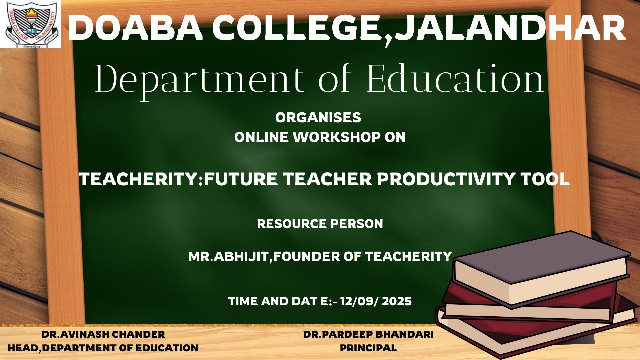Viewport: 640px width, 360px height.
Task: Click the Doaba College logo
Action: click(x=31, y=24)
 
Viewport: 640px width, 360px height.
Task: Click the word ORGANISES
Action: click(x=318, y=117)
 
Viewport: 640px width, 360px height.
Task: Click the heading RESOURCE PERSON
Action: click(x=320, y=224)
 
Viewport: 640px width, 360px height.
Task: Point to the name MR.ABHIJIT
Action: click(x=228, y=256)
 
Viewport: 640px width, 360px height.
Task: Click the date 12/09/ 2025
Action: click(x=376, y=301)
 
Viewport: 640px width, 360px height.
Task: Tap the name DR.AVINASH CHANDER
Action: click(x=103, y=334)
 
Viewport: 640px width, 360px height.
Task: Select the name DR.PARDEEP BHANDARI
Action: click(x=368, y=334)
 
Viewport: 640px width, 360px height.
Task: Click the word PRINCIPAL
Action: click(x=368, y=348)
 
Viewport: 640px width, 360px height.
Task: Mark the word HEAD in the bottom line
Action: click(x=24, y=348)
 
